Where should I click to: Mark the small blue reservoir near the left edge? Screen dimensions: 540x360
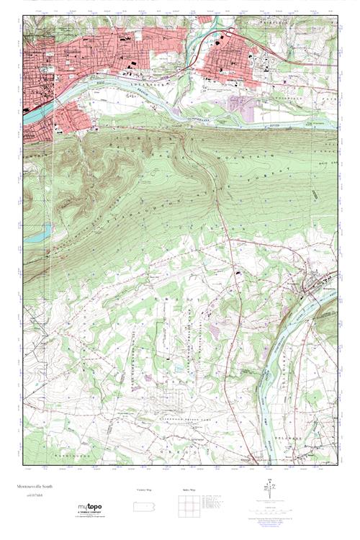[x=44, y=232]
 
